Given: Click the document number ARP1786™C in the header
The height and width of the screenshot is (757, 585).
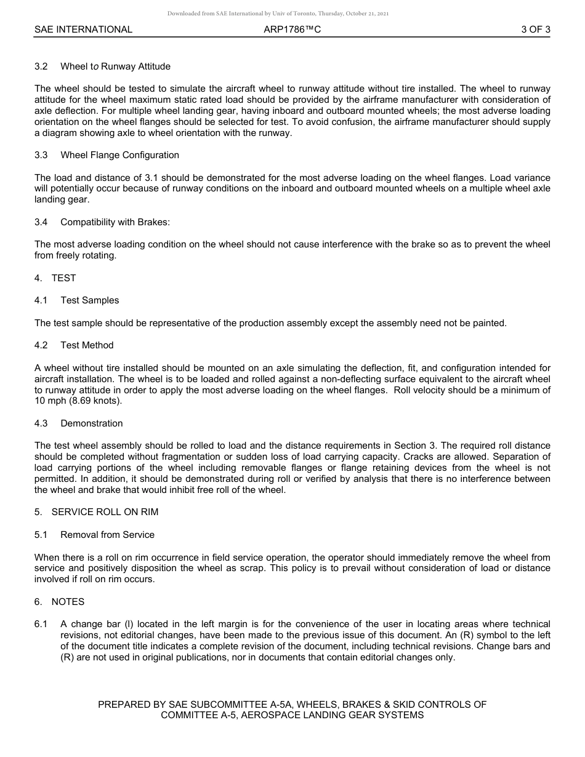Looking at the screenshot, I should [292, 30].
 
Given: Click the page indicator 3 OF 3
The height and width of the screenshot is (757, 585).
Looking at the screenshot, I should [535, 30].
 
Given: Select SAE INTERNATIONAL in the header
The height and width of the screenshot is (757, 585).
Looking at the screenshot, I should [83, 30].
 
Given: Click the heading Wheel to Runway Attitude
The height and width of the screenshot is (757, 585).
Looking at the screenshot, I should [115, 66].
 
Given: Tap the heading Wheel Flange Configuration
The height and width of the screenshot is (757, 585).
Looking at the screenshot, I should [119, 155].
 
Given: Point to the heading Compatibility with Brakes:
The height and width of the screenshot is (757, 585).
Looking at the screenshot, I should [115, 222].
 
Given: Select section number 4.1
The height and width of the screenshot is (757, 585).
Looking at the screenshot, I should [41, 300].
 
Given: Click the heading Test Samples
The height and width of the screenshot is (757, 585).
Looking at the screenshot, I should [90, 300].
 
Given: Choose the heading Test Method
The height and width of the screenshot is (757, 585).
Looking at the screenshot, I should [87, 345].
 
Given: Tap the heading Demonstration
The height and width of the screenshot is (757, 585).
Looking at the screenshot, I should [92, 423].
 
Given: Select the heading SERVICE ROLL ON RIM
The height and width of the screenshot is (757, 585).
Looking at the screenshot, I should [105, 512].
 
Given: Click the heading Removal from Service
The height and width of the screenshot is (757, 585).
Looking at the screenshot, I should [107, 535].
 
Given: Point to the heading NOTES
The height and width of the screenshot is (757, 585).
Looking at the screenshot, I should [68, 602].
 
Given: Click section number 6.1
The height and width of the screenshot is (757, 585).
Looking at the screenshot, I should [41, 624].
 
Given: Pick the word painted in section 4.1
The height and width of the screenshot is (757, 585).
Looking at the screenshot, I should [490, 323].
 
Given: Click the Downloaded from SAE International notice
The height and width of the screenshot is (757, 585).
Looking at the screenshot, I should [278, 14].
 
